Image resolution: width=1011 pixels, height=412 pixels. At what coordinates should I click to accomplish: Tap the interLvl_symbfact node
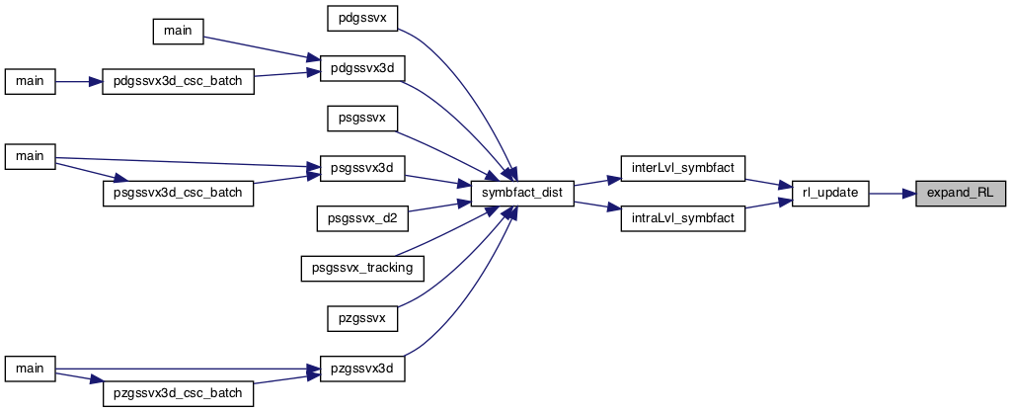[683, 168]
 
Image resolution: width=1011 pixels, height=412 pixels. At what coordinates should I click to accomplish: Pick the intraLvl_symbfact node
[683, 219]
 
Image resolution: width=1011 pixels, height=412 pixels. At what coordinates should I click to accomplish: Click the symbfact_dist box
[522, 194]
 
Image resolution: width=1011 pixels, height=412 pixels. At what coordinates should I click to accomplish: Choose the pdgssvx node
[362, 18]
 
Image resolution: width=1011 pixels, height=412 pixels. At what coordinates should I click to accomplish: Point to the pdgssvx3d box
[362, 68]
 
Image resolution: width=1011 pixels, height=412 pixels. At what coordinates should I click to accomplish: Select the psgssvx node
[362, 119]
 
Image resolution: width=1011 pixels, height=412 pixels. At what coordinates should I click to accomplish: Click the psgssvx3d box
[362, 168]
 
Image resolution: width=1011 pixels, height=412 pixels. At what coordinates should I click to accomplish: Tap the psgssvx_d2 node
[362, 219]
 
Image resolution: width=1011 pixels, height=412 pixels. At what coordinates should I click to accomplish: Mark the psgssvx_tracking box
[362, 268]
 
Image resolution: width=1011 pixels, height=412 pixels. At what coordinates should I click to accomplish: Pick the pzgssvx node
[362, 318]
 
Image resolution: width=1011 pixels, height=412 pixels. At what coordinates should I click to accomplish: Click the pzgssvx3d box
[362, 369]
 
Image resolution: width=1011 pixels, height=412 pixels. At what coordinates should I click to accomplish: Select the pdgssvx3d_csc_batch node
[178, 83]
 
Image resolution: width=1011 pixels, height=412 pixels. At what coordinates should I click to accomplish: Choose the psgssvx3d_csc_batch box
[178, 194]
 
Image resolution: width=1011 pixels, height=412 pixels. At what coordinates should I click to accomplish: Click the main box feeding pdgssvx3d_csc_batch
[30, 83]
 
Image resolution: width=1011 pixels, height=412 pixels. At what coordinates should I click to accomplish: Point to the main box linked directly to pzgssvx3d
[30, 369]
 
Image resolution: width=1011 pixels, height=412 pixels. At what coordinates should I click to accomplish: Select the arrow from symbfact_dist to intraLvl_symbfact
[597, 206]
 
